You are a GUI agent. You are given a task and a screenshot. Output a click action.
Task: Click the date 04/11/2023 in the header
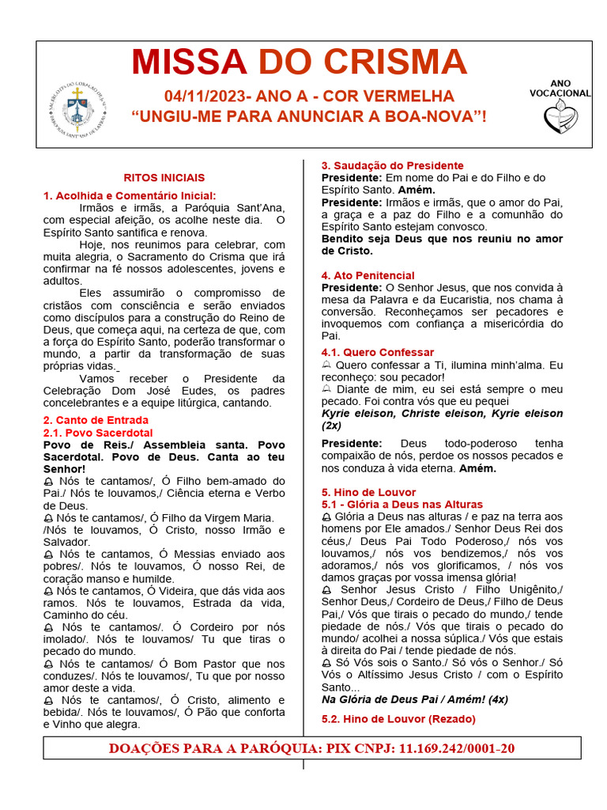[205, 97]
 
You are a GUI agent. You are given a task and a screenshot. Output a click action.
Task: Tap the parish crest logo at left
[77, 109]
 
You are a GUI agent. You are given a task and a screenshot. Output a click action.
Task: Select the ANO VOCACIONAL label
[560, 88]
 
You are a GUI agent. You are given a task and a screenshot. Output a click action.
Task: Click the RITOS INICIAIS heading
[164, 178]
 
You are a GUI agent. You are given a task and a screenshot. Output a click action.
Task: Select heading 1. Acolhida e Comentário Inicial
[130, 195]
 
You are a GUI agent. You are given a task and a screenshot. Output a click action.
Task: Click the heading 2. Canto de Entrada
[96, 420]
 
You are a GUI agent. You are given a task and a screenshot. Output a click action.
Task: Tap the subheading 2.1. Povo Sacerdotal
[97, 433]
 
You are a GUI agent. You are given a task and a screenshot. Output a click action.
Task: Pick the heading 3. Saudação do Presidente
[392, 165]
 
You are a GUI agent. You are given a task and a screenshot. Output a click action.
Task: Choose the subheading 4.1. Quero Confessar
[378, 352]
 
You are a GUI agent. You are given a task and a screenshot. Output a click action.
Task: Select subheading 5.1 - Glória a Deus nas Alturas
[402, 504]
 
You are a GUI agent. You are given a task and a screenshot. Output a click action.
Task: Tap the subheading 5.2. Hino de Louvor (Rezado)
[398, 718]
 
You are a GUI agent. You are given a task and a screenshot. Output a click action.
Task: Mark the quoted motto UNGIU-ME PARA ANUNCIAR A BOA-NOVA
[308, 117]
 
